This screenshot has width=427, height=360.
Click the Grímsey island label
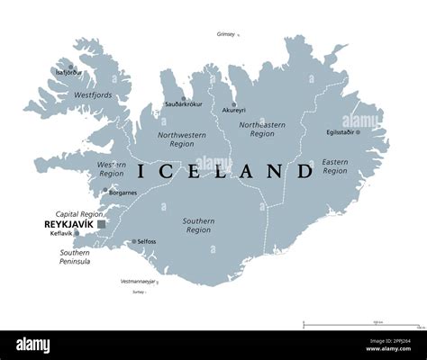coord(225,34)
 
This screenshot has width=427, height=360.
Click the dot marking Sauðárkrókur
coord(184,99)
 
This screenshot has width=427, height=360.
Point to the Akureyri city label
coord(233,110)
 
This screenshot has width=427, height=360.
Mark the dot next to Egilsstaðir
coord(358,131)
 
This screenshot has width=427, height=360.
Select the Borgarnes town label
coord(123,193)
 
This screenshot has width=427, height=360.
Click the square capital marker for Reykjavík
coord(102,223)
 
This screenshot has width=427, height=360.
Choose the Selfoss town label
coord(147,241)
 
